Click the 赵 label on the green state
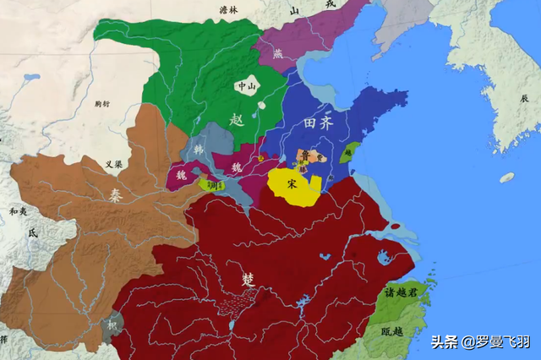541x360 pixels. tap(238, 121)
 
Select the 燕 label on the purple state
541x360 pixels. tap(279, 53)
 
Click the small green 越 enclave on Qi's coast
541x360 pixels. tap(348, 153)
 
